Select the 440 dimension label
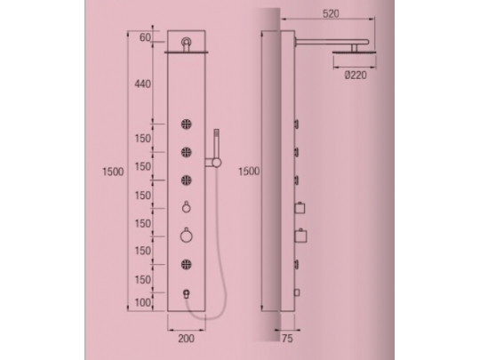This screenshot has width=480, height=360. point(142,84)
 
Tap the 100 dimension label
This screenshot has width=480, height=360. point(142,303)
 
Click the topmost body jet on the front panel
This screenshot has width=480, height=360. point(188,124)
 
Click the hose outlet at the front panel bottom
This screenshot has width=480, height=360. point(188,292)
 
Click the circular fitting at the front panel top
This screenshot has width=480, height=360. point(188,42)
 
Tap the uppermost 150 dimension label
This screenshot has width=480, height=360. point(142,139)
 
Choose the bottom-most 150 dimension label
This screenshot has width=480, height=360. point(142,279)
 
